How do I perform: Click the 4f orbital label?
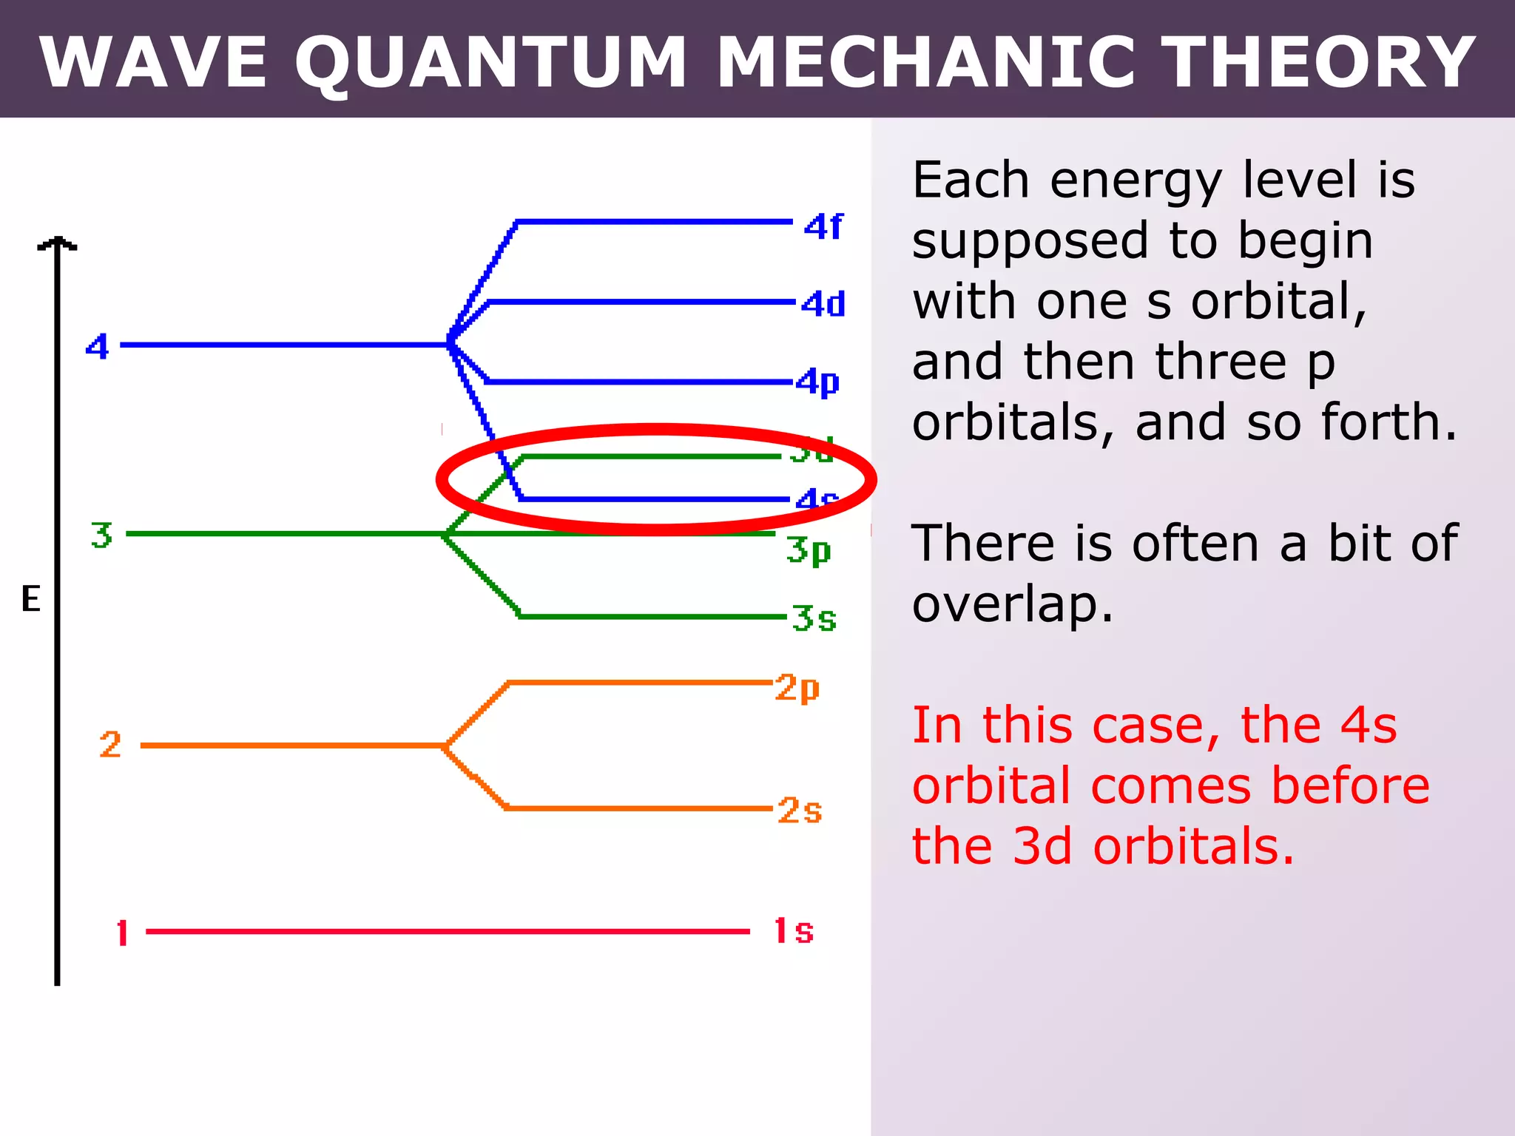pyautogui.click(x=823, y=226)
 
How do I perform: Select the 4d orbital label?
pyautogui.click(x=823, y=304)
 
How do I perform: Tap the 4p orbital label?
pyautogui.click(x=818, y=383)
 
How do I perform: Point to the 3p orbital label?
pyautogui.click(x=809, y=551)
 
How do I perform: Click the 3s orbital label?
pyautogui.click(x=814, y=618)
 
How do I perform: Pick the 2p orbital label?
pyautogui.click(x=797, y=688)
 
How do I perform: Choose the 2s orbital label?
pyautogui.click(x=800, y=811)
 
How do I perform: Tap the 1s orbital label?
pyautogui.click(x=794, y=931)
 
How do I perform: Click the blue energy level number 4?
pyautogui.click(x=98, y=346)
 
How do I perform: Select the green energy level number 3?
pyautogui.click(x=102, y=535)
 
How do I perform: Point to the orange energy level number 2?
pyautogui.click(x=110, y=745)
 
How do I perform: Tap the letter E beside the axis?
pyautogui.click(x=31, y=598)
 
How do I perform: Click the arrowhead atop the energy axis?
pyautogui.click(x=57, y=244)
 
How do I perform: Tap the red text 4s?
pyautogui.click(x=1369, y=725)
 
